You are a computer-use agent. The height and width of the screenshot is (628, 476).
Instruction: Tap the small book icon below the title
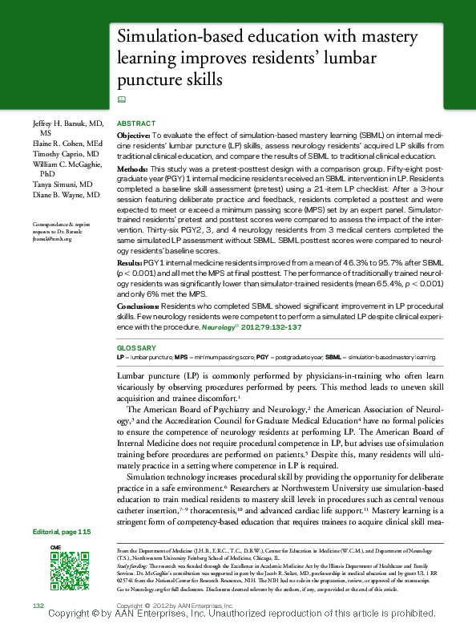click(x=122, y=99)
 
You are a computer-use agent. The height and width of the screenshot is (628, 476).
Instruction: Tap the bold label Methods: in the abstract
click(x=132, y=170)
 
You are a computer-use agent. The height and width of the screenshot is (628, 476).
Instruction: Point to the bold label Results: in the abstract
click(x=131, y=263)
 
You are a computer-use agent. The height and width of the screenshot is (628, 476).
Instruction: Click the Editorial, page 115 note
click(x=63, y=532)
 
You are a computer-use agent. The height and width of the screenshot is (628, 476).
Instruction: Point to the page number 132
click(x=38, y=604)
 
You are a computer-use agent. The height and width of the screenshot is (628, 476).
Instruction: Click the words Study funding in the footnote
click(x=133, y=565)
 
